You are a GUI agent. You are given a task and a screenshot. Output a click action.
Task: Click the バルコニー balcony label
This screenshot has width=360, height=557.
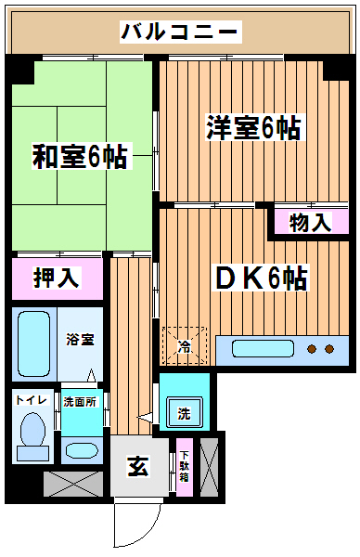tap(180, 32)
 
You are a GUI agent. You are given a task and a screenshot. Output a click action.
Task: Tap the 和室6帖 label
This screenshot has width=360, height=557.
tap(81, 156)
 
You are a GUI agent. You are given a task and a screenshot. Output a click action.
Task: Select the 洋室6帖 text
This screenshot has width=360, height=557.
tap(254, 127)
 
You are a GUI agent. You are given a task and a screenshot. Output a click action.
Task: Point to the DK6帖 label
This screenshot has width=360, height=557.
tap(261, 278)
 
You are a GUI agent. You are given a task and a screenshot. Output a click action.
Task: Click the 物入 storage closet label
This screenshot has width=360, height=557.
tap(310, 223)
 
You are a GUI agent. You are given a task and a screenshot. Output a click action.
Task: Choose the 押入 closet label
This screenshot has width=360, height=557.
tap(57, 277)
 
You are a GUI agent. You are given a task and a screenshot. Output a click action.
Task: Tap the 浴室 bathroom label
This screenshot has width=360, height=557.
tap(80, 340)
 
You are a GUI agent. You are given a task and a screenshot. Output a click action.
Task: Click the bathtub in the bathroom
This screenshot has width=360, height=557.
tap(33, 343)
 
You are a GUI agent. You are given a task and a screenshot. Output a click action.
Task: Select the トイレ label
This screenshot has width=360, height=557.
tap(32, 400)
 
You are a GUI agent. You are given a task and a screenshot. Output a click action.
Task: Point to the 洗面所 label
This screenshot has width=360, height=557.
tap(80, 402)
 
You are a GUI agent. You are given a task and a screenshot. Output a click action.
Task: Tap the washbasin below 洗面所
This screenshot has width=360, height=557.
tap(82, 451)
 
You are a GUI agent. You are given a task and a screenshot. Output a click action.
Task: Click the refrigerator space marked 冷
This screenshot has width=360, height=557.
tap(185, 345)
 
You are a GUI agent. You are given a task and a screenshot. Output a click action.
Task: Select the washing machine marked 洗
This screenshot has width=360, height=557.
tap(185, 412)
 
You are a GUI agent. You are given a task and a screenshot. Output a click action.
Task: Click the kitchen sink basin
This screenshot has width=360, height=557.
tap(264, 348)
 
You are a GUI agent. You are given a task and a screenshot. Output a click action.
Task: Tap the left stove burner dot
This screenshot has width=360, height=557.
tap(312, 349)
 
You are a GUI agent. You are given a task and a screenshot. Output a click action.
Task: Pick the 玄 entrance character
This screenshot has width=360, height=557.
tap(138, 465)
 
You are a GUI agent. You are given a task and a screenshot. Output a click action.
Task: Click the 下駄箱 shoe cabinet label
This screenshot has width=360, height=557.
tap(184, 466)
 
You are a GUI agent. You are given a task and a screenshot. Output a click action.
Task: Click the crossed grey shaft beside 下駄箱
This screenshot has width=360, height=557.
tap(209, 467)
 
